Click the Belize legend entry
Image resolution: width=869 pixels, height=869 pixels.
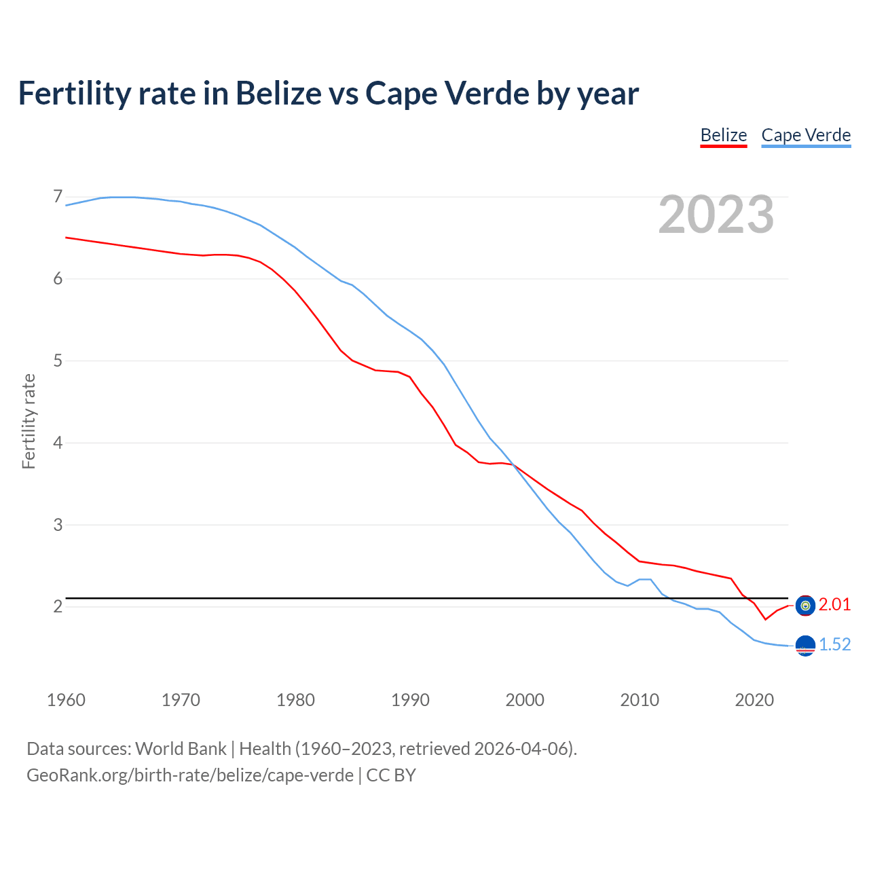pyautogui.click(x=723, y=135)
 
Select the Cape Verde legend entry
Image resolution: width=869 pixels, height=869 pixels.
pyautogui.click(x=806, y=135)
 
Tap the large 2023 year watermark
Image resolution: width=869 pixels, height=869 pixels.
pyautogui.click(x=716, y=215)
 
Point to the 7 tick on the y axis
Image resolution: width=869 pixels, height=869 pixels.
pyautogui.click(x=58, y=197)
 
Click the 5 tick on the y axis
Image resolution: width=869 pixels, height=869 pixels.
pyautogui.click(x=58, y=360)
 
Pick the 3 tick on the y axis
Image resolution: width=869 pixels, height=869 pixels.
pyautogui.click(x=58, y=525)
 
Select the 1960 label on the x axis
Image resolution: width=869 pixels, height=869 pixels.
pyautogui.click(x=66, y=700)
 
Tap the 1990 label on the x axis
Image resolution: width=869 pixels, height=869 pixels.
pyautogui.click(x=410, y=700)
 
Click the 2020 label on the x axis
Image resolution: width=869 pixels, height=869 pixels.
pyautogui.click(x=754, y=700)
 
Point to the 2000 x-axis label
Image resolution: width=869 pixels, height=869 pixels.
pyautogui.click(x=525, y=700)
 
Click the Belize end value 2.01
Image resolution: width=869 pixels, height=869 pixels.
pyautogui.click(x=834, y=605)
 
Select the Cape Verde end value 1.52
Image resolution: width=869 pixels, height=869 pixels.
pyautogui.click(x=834, y=645)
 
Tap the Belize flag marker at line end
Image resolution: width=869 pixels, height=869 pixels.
pyautogui.click(x=805, y=606)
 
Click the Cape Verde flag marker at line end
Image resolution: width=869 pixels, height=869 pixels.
pyautogui.click(x=805, y=646)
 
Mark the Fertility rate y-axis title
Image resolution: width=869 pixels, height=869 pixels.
pyautogui.click(x=29, y=421)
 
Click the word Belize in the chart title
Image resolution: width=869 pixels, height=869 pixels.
pyautogui.click(x=278, y=93)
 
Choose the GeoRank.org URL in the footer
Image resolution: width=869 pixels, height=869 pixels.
pyautogui.click(x=190, y=775)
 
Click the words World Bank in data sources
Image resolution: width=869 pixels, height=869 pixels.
pyautogui.click(x=181, y=749)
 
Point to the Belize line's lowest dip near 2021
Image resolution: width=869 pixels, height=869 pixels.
pyautogui.click(x=765, y=619)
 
